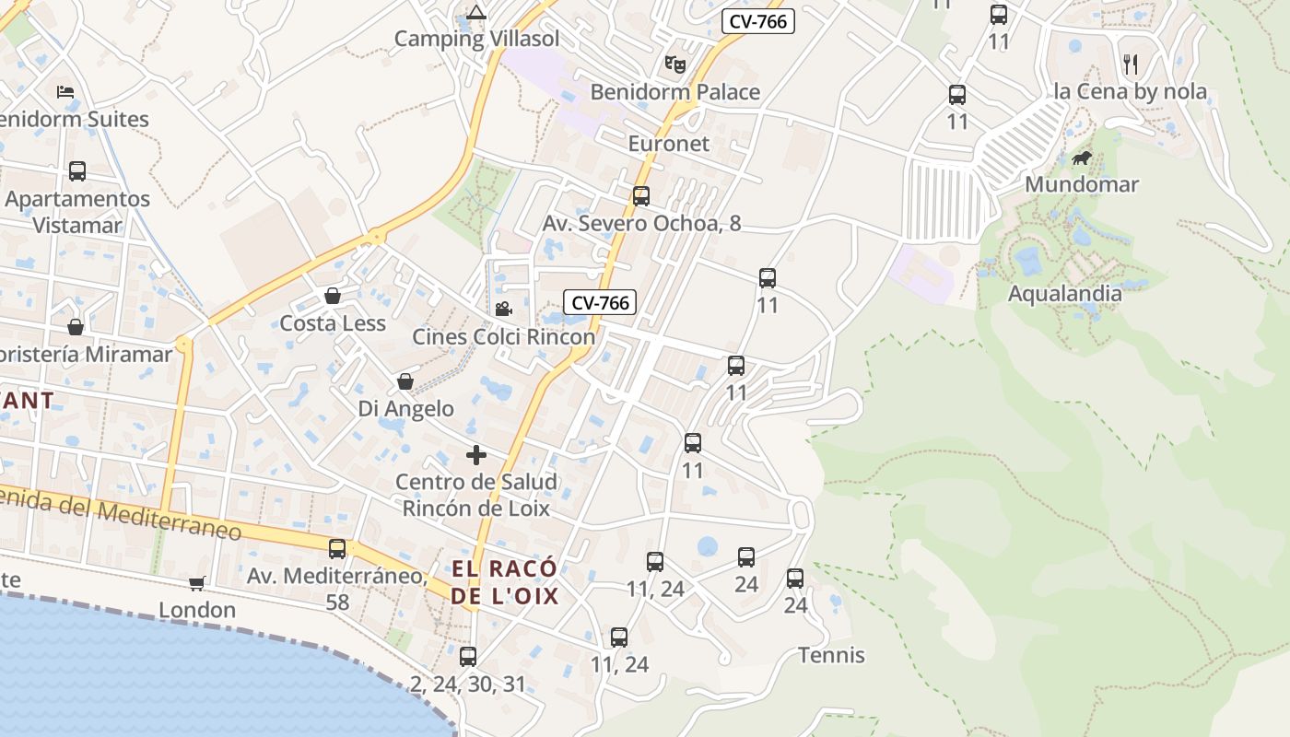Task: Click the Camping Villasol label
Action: [476, 39]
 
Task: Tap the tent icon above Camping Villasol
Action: [475, 12]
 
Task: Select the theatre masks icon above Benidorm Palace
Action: [675, 64]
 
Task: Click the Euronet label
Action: [669, 144]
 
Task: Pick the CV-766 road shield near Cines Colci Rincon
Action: [600, 302]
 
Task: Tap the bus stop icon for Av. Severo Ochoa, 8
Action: [640, 196]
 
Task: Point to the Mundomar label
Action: [1082, 184]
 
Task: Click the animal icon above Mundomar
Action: [1082, 158]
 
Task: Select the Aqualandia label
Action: [1064, 294]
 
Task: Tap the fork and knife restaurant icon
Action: [1131, 64]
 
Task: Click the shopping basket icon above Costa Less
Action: [333, 296]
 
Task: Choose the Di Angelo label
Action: [405, 408]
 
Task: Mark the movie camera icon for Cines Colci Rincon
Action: [503, 310]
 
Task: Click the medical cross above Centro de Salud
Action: [476, 455]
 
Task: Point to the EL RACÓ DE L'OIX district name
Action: [505, 581]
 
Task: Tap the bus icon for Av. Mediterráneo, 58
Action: [337, 549]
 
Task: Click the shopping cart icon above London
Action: [196, 583]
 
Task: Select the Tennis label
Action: [831, 655]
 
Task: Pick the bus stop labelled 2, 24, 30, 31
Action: [468, 657]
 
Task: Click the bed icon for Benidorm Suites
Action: [64, 92]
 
